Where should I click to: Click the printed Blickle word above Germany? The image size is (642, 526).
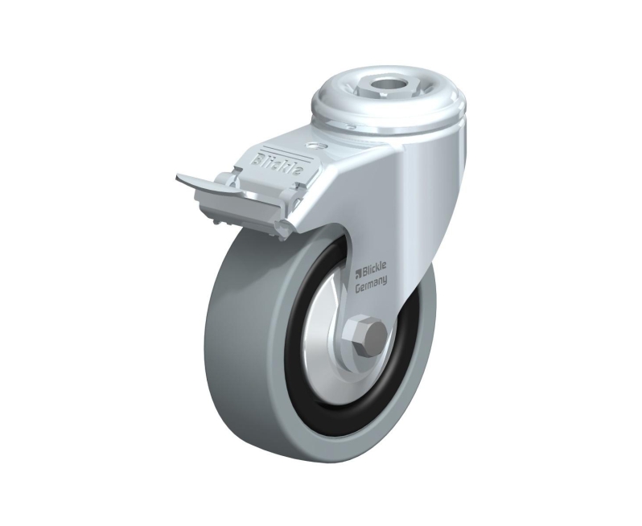373,269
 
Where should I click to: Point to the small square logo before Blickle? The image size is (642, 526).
357,271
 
